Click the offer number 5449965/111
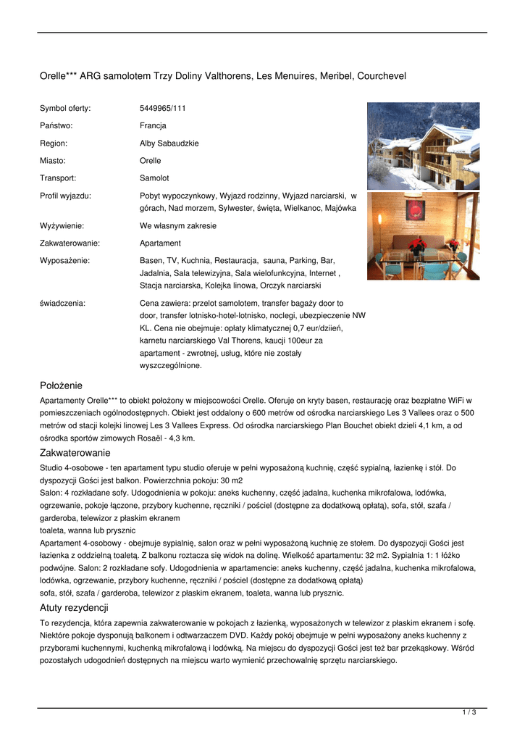click(x=162, y=109)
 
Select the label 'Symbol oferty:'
click(x=65, y=109)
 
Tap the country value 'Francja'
click(x=153, y=126)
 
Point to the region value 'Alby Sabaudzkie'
click(x=169, y=143)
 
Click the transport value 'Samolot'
click(x=154, y=178)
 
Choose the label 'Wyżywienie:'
click(x=62, y=226)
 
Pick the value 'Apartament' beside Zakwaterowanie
click(x=160, y=243)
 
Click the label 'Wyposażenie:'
click(x=64, y=260)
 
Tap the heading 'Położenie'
click(x=61, y=385)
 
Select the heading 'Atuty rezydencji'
click(x=74, y=607)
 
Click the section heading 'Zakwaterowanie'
click(x=74, y=452)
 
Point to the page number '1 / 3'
click(x=469, y=713)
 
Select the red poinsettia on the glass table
click(x=416, y=246)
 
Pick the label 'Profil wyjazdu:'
click(x=65, y=196)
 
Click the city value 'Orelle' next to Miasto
click(x=150, y=161)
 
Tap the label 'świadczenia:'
click(x=62, y=304)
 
